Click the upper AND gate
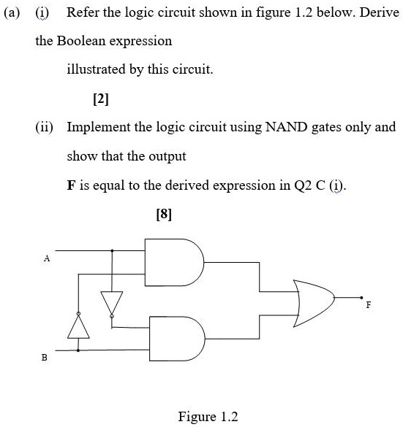tap(174, 262)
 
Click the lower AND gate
tap(177, 339)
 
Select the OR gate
tap(314, 303)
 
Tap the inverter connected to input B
tap(78, 326)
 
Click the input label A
tap(47, 258)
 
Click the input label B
tap(44, 357)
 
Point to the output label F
tap(369, 304)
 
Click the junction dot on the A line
tap(112, 250)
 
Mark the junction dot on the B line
tap(78, 350)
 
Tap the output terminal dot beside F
tap(361, 298)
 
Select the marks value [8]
tap(164, 214)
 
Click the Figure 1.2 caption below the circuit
tap(208, 416)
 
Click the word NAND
tap(286, 127)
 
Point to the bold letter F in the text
tap(71, 185)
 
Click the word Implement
tap(99, 128)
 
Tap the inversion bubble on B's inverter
tap(78, 314)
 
